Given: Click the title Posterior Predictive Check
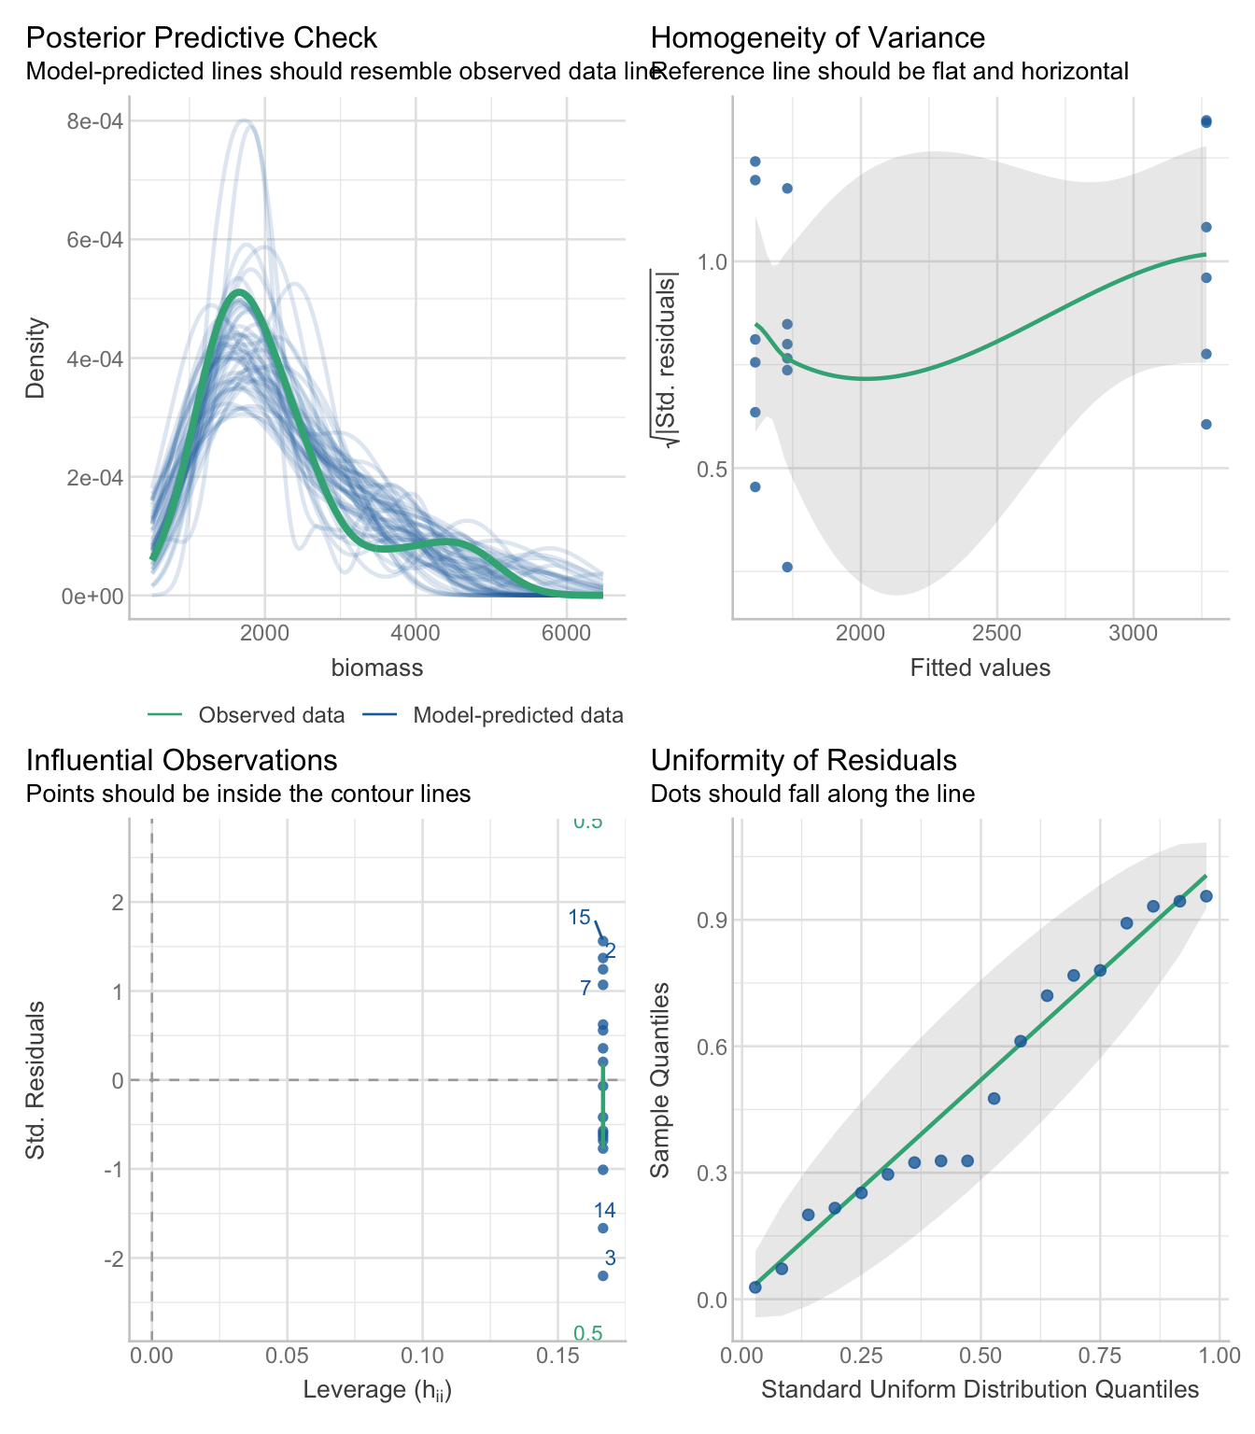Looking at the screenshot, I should pyautogui.click(x=201, y=38).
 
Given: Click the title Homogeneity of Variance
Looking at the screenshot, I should pyautogui.click(x=817, y=38).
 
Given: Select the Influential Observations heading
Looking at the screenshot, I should pyautogui.click(x=181, y=760).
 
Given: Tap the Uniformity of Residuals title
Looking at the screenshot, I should pyautogui.click(x=803, y=760).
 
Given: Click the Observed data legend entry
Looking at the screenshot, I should pyautogui.click(x=271, y=716).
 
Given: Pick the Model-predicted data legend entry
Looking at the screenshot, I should pyautogui.click(x=517, y=716).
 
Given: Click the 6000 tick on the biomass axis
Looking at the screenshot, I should pyautogui.click(x=566, y=633).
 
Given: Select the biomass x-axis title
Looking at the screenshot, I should pyautogui.click(x=377, y=668).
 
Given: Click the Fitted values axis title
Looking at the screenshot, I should pyautogui.click(x=980, y=668).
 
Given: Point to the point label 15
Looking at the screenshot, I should pyautogui.click(x=580, y=917).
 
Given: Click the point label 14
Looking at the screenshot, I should pyautogui.click(x=604, y=1211).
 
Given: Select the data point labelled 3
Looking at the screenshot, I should pyautogui.click(x=603, y=1275).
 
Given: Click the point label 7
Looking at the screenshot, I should pyautogui.click(x=585, y=988).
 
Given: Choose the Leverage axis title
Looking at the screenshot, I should pyautogui.click(x=377, y=1390).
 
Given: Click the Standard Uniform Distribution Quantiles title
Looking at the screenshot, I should pyautogui.click(x=980, y=1390).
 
